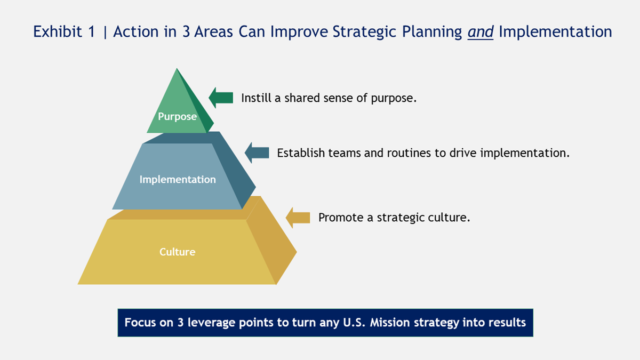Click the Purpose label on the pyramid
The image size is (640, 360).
pyautogui.click(x=177, y=117)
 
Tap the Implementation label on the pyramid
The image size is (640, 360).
pyautogui.click(x=178, y=179)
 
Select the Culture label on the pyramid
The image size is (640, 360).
pyautogui.click(x=177, y=252)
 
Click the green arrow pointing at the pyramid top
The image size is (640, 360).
pyautogui.click(x=221, y=98)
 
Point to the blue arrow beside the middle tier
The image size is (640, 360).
pyautogui.click(x=257, y=153)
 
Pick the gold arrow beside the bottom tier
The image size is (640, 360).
pyautogui.click(x=298, y=218)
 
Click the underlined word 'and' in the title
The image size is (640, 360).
pyautogui.click(x=481, y=31)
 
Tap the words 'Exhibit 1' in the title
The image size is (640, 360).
pyautogui.click(x=64, y=31)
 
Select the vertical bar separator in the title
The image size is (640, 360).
pyautogui.click(x=105, y=33)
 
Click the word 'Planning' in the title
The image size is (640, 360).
pyautogui.click(x=432, y=32)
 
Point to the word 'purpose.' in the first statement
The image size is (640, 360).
pyautogui.click(x=394, y=99)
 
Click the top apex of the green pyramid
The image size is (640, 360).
pyautogui.click(x=177, y=68)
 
